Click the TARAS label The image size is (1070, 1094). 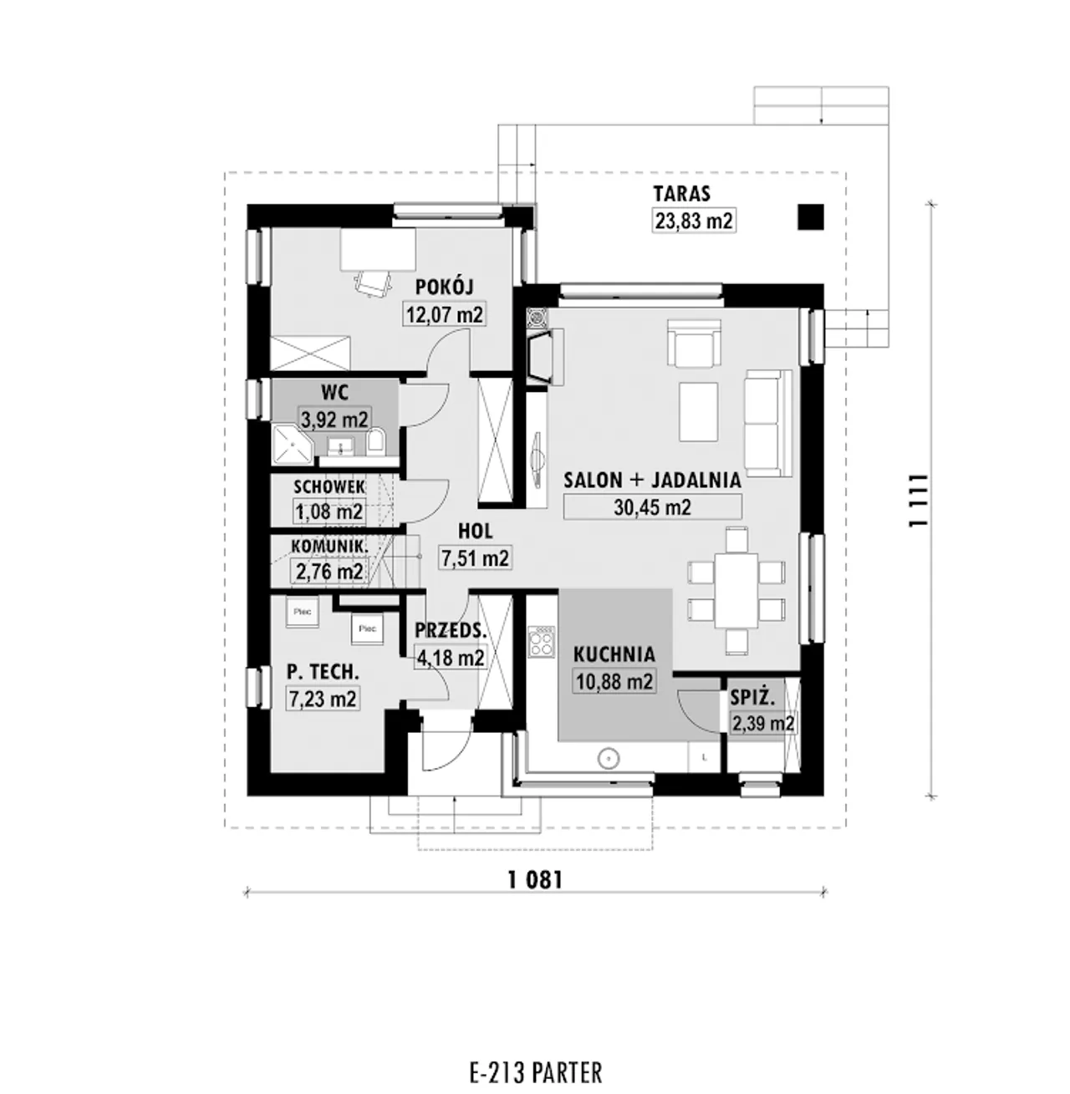(x=681, y=193)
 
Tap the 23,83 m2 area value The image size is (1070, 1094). (x=694, y=221)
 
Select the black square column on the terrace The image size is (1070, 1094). (x=811, y=217)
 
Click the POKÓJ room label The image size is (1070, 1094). (x=444, y=287)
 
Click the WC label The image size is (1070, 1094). (x=335, y=392)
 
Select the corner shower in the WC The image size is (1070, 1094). (x=293, y=445)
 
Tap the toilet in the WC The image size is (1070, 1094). (x=375, y=442)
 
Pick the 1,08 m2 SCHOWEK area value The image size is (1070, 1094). (x=329, y=512)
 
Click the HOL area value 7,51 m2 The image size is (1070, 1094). (x=475, y=558)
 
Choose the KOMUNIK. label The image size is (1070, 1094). (x=329, y=546)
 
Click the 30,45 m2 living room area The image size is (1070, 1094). (x=652, y=507)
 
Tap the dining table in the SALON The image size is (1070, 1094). (x=736, y=590)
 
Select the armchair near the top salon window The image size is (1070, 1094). (x=694, y=343)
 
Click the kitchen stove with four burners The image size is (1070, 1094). (x=542, y=642)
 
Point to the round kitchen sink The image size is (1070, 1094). (x=609, y=758)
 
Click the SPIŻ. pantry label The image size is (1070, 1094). (x=752, y=698)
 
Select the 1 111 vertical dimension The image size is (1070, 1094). (x=917, y=500)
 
